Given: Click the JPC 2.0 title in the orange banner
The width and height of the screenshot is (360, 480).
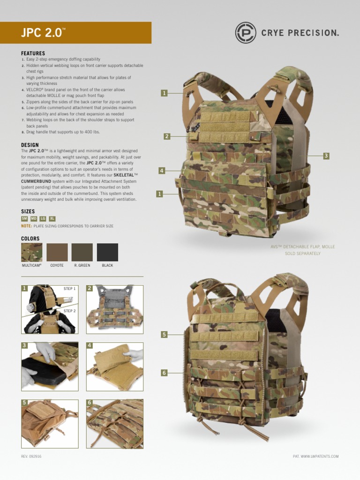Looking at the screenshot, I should pos(42,33).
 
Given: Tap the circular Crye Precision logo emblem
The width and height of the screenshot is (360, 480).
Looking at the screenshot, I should pos(246,32).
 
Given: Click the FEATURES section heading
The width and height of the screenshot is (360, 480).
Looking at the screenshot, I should pos(33,53).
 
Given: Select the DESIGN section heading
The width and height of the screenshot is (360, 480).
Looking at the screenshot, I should pos(30,145).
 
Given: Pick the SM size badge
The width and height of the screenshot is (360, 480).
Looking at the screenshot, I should pos(24,218).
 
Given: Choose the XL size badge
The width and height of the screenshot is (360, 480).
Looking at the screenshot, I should pos(52,218).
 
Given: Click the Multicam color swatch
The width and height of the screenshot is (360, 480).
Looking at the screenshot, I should pos(31,252).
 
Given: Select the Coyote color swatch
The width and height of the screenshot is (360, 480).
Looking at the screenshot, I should pos(57,252).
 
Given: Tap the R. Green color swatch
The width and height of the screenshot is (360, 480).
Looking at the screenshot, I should pos(82,252).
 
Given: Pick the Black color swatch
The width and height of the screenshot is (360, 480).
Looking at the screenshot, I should pos(107,252).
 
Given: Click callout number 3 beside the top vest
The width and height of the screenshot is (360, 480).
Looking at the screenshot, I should pos(326,156).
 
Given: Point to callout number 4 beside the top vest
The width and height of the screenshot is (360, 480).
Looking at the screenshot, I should pos(162,171).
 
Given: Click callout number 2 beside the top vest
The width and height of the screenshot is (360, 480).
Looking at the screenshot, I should pos(166,136).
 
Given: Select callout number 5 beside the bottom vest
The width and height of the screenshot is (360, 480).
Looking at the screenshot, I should pos(164,334).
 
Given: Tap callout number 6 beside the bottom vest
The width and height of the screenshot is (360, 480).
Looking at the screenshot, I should pos(164,373).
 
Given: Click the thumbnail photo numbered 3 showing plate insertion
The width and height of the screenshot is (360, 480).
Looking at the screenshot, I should pos(50,367).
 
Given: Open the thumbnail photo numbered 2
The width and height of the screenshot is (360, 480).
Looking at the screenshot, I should pos(115,309).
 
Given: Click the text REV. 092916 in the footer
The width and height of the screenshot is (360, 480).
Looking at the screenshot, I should pos(31,456).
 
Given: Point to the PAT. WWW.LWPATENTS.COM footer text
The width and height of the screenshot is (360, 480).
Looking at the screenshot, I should pos(315,456).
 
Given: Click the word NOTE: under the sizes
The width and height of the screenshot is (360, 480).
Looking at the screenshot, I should pos(26,226).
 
